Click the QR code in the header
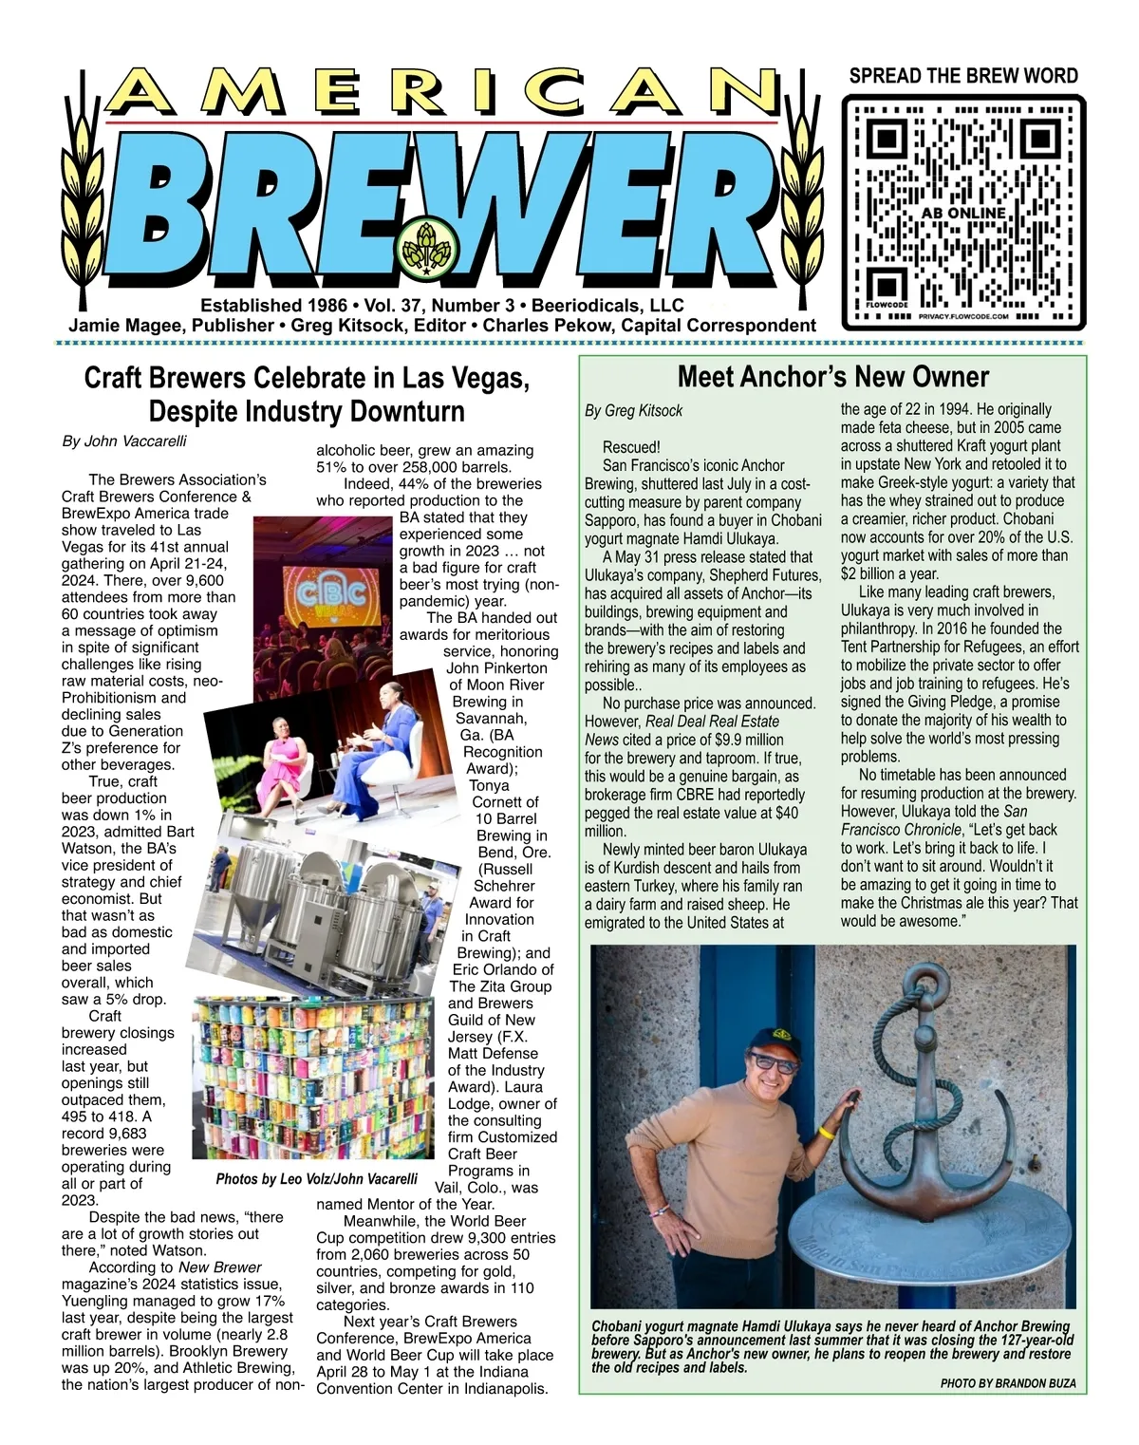point(963,212)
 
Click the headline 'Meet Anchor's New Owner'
point(832,377)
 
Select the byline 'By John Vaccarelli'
point(124,441)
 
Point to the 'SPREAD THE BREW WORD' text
point(962,76)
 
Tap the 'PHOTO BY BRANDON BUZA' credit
point(1008,1383)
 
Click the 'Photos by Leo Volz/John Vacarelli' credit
point(316,1179)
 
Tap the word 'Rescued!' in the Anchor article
point(630,447)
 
